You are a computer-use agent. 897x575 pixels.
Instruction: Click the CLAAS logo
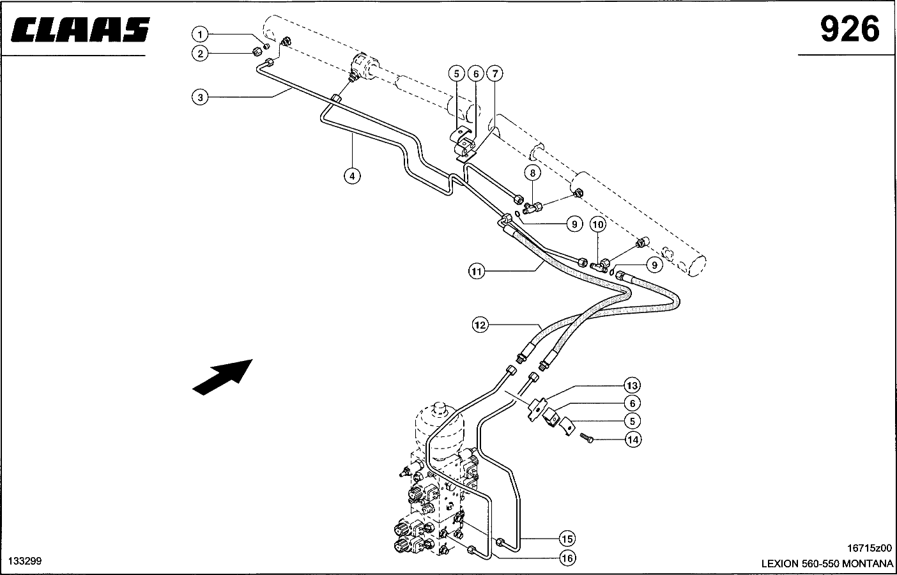tap(80, 30)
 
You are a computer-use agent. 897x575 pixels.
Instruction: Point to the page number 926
tap(850, 30)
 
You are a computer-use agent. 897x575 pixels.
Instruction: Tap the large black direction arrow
tap(223, 376)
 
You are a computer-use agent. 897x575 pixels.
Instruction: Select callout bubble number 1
tap(200, 34)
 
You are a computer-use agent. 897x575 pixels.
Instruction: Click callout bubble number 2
tap(200, 54)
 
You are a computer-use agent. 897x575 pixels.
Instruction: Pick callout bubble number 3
tap(200, 97)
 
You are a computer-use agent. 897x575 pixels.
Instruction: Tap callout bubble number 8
tap(532, 172)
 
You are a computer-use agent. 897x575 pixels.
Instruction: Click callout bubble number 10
tap(597, 224)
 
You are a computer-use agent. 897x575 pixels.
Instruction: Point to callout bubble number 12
tap(480, 325)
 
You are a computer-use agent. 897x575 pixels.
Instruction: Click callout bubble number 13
tap(632, 386)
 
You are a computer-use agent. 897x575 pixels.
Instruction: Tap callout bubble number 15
tap(567, 539)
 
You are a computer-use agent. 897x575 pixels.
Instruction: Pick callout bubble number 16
tap(567, 558)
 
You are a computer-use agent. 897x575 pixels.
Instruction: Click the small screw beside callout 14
tap(588, 438)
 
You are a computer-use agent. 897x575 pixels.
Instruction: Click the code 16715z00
tap(870, 548)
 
